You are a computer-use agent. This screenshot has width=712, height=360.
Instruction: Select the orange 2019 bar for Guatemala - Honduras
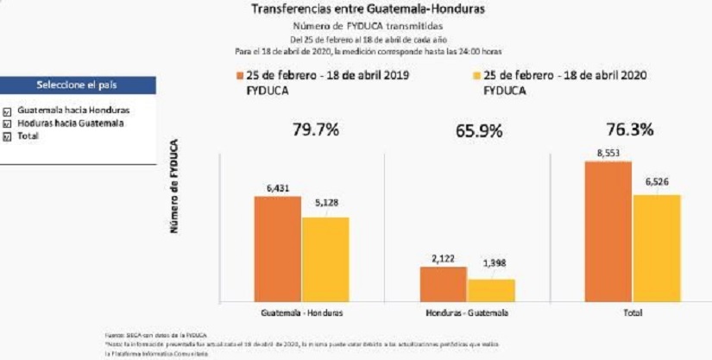coord(277,249)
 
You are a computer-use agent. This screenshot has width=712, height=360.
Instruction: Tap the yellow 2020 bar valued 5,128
coord(324,259)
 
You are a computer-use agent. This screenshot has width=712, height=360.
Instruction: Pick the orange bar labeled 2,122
coord(444,284)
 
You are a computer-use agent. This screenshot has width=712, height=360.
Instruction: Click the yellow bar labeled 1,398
coord(491,290)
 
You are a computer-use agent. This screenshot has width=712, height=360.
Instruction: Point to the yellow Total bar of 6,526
coord(656,248)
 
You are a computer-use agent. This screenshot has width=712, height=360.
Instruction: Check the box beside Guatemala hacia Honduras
coord(7,111)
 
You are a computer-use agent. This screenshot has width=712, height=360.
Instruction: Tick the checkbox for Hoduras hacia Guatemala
coord(7,123)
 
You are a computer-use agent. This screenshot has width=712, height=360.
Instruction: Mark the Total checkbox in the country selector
coord(7,136)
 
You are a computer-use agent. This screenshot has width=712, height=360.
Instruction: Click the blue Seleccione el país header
coord(78,85)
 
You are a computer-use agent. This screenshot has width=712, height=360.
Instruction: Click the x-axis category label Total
coord(632,313)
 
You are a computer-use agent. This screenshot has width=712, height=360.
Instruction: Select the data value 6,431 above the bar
coord(277,187)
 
